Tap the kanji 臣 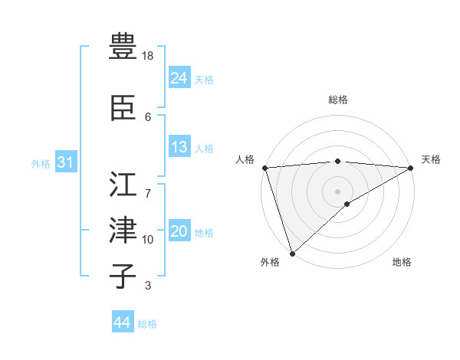(123, 108)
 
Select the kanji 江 (123, 184)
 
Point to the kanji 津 (123, 231)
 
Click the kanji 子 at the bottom (123, 277)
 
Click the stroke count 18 (149, 56)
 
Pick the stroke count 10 (149, 240)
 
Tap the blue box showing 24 (179, 78)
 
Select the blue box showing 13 (179, 147)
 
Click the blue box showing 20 (179, 232)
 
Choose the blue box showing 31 (65, 162)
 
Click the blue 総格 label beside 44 (147, 324)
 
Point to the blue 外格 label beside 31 (41, 164)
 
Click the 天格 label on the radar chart (431, 159)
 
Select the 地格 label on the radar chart (402, 262)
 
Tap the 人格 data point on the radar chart (264, 168)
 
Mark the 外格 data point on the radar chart (292, 254)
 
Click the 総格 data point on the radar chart (337, 161)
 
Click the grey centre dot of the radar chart (337, 191)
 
